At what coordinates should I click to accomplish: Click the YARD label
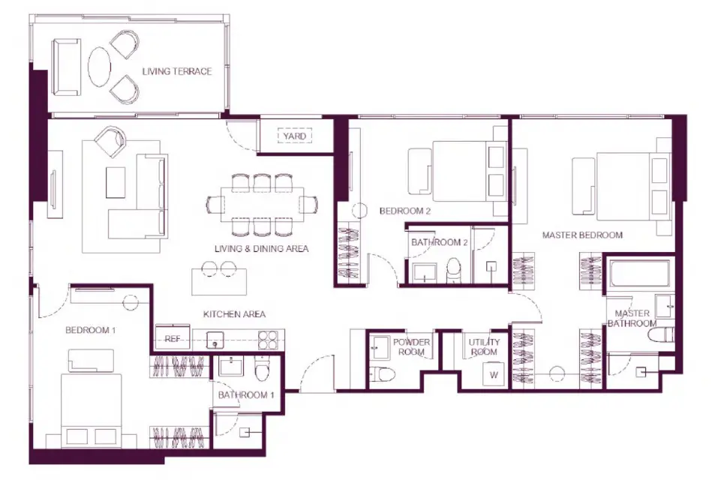coord(295,136)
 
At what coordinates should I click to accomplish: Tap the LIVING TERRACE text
coord(177,72)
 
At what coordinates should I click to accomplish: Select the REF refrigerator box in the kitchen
coord(173,339)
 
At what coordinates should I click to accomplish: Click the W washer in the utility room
coord(494,374)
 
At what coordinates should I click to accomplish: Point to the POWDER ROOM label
coord(412,346)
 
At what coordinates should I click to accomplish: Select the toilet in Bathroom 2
coord(454,271)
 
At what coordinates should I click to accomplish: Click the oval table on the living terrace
coord(98,67)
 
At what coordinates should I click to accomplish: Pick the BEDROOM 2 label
coord(404,211)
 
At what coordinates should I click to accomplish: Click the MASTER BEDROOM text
coord(582,235)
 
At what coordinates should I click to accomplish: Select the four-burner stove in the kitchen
coord(269,340)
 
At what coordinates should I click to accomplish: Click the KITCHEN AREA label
coord(234,314)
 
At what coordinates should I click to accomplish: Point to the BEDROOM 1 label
coord(90,330)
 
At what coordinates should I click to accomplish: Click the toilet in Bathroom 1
coord(261,371)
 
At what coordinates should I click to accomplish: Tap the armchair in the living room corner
coord(111,140)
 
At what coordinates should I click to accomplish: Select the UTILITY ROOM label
coord(484,347)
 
